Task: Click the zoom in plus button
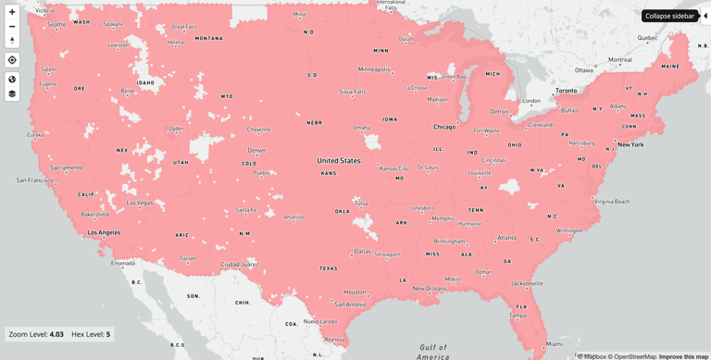(x=12, y=12)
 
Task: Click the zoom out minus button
(x=12, y=26)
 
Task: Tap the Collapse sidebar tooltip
(x=669, y=16)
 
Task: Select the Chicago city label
(x=444, y=127)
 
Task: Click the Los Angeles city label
(x=103, y=232)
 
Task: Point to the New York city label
(x=630, y=144)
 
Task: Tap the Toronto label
(x=566, y=91)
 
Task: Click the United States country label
(x=339, y=160)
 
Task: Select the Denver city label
(x=256, y=150)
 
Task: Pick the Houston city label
(x=355, y=292)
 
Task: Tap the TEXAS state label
(x=329, y=268)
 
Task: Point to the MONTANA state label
(x=208, y=39)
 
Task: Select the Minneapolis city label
(x=374, y=69)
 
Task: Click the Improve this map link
(x=683, y=356)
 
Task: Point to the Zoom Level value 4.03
(x=56, y=334)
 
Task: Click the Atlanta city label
(x=506, y=238)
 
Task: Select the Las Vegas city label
(x=140, y=203)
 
